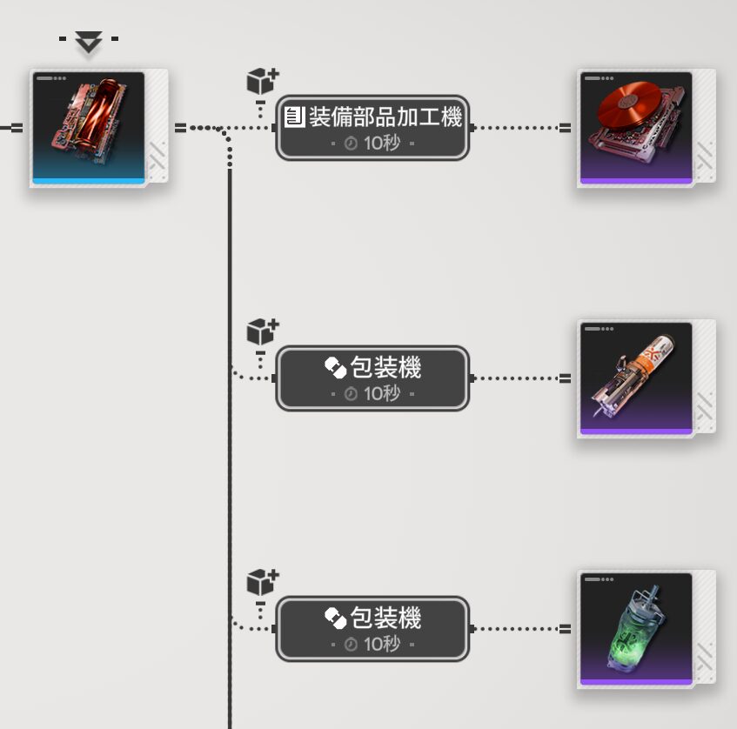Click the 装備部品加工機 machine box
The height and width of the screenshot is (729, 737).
tap(372, 128)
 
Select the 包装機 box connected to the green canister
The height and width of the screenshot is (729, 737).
tap(372, 629)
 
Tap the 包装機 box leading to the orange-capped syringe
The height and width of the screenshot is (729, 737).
tap(372, 378)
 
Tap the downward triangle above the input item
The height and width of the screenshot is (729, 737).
tap(88, 41)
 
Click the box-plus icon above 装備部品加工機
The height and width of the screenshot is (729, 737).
tap(262, 81)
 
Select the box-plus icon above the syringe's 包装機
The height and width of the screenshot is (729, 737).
tap(262, 331)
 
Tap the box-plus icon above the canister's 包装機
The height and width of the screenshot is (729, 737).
tap(262, 582)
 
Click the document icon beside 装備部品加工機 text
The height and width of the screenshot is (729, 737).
tap(294, 117)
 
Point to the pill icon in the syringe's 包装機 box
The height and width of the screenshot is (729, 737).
tap(336, 368)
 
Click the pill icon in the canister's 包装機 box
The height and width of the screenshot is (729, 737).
tap(336, 619)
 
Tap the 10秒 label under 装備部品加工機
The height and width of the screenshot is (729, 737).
tap(382, 143)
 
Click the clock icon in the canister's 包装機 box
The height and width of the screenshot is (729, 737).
tap(352, 645)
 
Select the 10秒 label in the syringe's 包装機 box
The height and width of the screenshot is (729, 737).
tap(382, 393)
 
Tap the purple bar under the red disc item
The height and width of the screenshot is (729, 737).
tap(636, 181)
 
